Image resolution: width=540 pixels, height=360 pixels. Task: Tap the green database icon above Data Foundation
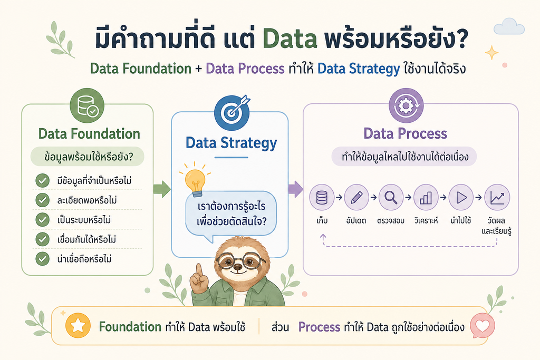(x=87, y=105)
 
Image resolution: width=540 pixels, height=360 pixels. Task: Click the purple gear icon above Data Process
(x=406, y=105)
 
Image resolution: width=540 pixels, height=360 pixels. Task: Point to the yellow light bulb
(x=195, y=180)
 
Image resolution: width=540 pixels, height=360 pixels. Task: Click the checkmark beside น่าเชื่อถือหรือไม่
(x=42, y=259)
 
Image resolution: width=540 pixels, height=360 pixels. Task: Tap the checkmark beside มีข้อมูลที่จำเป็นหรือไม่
(x=42, y=180)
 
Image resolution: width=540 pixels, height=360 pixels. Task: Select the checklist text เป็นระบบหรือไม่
(x=84, y=220)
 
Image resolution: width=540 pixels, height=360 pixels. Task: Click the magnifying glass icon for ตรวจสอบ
(x=391, y=197)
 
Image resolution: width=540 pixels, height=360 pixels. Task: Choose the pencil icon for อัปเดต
(x=356, y=197)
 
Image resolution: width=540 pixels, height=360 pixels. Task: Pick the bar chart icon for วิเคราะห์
(x=426, y=197)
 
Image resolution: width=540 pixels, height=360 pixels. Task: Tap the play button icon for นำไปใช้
(x=461, y=197)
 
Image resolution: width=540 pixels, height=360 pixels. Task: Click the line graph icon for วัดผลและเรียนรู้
(x=497, y=197)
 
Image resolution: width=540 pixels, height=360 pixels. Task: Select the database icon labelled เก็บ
(x=322, y=197)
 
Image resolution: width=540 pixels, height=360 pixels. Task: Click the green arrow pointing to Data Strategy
(x=162, y=189)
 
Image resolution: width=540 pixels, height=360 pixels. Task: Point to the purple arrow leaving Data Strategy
(x=295, y=189)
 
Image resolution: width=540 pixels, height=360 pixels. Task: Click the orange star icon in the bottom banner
(x=78, y=325)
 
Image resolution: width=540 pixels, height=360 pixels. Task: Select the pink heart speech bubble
(x=482, y=326)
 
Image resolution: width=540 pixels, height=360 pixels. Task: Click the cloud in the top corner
(x=509, y=26)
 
